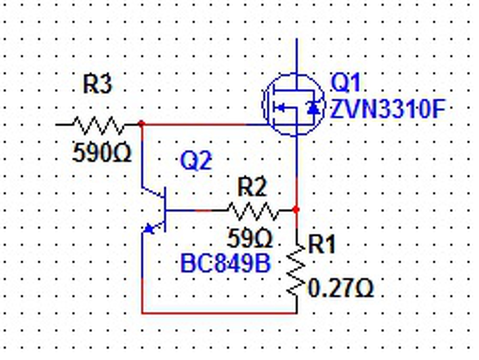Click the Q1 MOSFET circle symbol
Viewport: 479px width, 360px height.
click(293, 105)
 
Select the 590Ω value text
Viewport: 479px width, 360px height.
click(102, 153)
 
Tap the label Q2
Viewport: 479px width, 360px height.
click(196, 161)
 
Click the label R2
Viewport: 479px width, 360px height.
click(252, 187)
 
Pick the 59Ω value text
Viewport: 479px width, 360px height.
click(250, 239)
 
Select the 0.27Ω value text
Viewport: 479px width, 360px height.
click(341, 288)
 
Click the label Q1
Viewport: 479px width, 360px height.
click(345, 82)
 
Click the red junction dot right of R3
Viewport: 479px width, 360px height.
click(141, 124)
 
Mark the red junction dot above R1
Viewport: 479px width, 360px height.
click(296, 210)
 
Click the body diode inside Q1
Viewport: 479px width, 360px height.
click(314, 108)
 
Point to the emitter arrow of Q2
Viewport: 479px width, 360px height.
click(150, 228)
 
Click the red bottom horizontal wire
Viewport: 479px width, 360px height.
click(219, 313)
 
